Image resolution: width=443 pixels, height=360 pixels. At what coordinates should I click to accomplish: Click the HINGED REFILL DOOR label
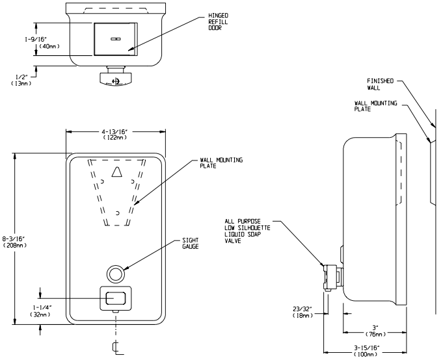click(217, 21)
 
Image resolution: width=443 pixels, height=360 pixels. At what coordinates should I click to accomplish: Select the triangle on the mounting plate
click(116, 172)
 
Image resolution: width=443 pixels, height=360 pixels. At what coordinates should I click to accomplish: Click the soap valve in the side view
click(331, 276)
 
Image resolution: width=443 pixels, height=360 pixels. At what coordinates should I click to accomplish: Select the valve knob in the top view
click(116, 80)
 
